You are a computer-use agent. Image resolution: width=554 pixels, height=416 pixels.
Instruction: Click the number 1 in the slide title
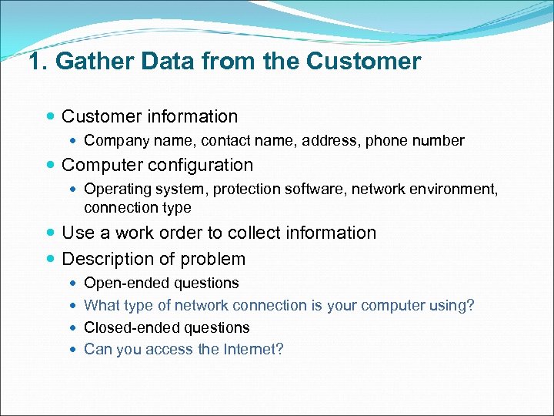pyautogui.click(x=35, y=61)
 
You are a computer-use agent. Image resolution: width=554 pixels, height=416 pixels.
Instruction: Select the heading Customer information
pyautogui.click(x=149, y=116)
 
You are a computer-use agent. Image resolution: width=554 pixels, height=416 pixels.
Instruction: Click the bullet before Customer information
pyautogui.click(x=51, y=117)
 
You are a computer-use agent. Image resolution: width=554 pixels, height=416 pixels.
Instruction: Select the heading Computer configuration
pyautogui.click(x=157, y=165)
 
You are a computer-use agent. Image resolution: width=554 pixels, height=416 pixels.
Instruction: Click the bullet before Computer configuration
pyautogui.click(x=51, y=166)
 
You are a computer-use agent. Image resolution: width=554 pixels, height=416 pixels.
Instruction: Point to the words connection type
pyautogui.click(x=137, y=207)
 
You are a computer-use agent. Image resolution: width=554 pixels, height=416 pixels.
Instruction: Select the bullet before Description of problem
pyautogui.click(x=51, y=260)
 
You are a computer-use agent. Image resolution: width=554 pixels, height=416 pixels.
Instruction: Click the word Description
pyautogui.click(x=109, y=259)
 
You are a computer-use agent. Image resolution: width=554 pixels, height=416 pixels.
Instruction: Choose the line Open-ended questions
pyautogui.click(x=161, y=283)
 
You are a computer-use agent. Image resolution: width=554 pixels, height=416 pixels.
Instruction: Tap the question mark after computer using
pyautogui.click(x=471, y=305)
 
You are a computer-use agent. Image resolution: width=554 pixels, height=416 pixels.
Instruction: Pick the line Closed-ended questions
pyautogui.click(x=166, y=327)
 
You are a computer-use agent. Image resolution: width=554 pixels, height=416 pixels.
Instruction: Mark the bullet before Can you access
pyautogui.click(x=72, y=350)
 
